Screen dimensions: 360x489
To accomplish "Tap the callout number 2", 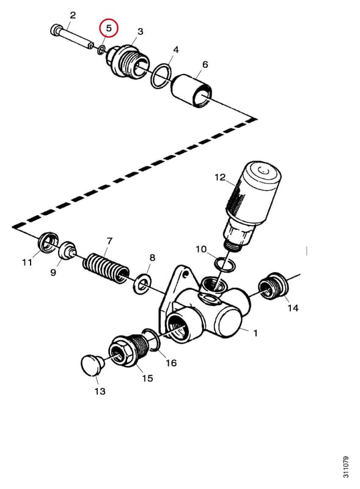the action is [72, 15].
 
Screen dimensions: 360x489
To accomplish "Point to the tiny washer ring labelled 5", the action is [101, 50].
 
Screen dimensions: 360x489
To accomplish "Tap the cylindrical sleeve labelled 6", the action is [192, 90].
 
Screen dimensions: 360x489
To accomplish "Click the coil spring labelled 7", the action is [106, 269].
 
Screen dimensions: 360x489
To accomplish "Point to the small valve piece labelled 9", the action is [68, 249].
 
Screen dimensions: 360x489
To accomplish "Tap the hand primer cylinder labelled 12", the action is [251, 204].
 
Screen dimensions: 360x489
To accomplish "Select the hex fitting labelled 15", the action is [128, 350].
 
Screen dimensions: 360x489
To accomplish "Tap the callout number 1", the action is [255, 333].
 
